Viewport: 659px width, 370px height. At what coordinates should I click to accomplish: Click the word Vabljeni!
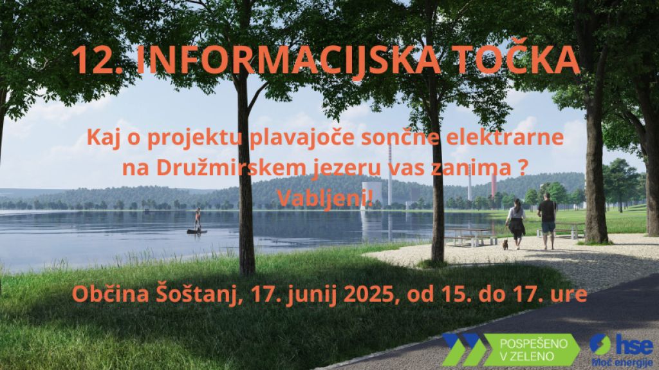[325, 197]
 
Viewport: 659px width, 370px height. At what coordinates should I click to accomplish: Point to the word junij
[313, 295]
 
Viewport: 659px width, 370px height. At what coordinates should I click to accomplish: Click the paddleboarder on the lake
[197, 221]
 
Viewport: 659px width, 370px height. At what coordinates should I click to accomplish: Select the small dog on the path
[505, 244]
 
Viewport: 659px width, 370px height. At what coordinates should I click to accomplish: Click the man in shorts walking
[547, 220]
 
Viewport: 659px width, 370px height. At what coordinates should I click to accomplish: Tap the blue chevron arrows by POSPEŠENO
[462, 349]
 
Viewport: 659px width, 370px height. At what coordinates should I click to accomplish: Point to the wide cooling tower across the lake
[372, 193]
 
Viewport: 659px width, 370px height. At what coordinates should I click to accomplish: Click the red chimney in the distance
[494, 185]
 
